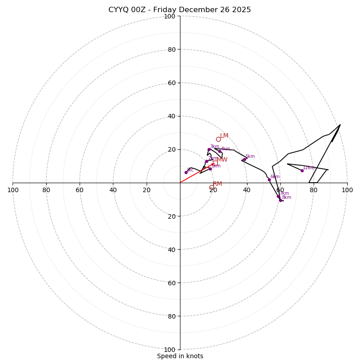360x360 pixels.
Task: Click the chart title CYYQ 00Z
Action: [x=180, y=10]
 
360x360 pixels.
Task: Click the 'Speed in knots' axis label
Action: [x=180, y=356]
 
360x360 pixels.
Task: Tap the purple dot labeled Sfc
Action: [x=186, y=172]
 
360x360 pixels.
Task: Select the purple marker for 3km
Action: [x=209, y=149]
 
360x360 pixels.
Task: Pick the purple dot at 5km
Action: [x=244, y=159]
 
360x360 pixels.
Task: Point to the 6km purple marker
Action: [x=269, y=180]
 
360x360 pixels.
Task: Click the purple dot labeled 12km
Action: [x=302, y=171]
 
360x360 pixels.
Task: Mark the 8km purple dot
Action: [x=280, y=200]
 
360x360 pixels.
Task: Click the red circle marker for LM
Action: [x=218, y=139]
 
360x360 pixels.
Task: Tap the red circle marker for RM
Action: [x=211, y=187]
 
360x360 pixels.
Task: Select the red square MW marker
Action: [x=215, y=163]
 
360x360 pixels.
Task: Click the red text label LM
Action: [x=224, y=136]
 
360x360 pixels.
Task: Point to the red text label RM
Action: [x=217, y=184]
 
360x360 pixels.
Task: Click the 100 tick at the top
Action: [x=170, y=16]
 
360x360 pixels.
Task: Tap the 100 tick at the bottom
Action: [x=170, y=350]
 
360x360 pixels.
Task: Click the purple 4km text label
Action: [x=225, y=149]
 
